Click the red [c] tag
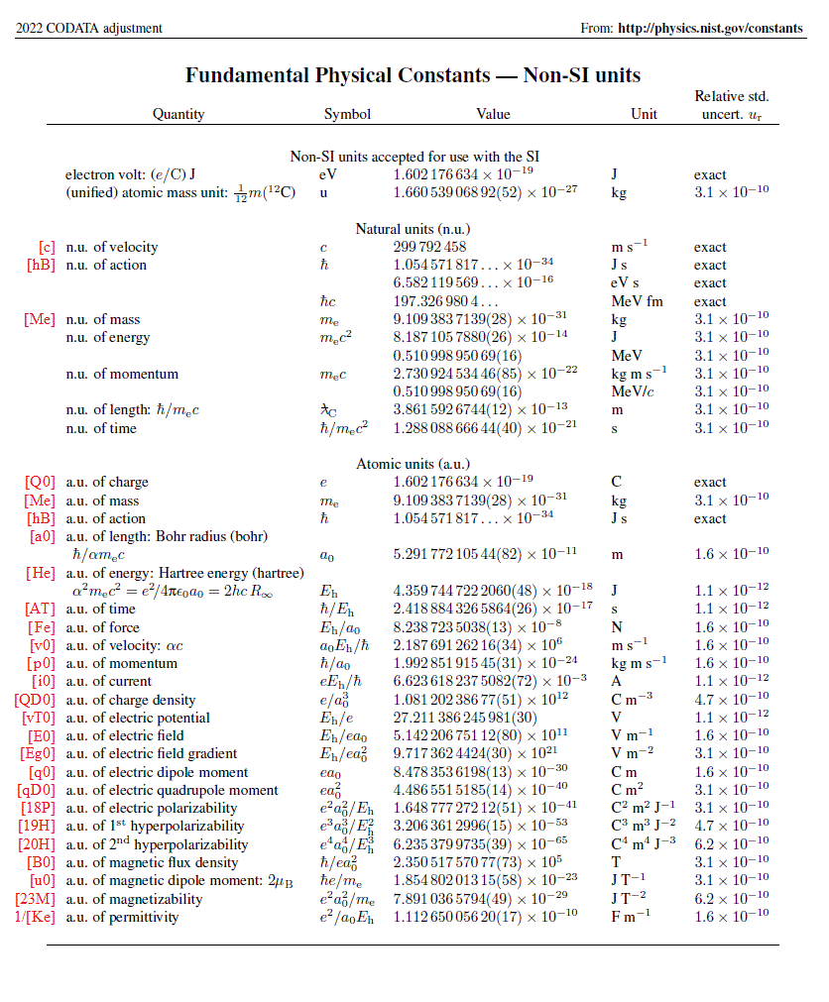(x=47, y=247)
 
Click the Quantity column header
(x=178, y=114)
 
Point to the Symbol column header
(x=347, y=114)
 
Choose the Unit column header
(x=644, y=114)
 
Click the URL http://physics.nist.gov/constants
(x=710, y=28)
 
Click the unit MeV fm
(x=637, y=301)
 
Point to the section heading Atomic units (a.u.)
(x=413, y=464)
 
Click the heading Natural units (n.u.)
(x=413, y=229)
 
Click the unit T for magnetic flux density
(x=616, y=862)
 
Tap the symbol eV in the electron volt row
(x=329, y=174)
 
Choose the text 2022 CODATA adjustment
(x=89, y=28)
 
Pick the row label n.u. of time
(x=102, y=428)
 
